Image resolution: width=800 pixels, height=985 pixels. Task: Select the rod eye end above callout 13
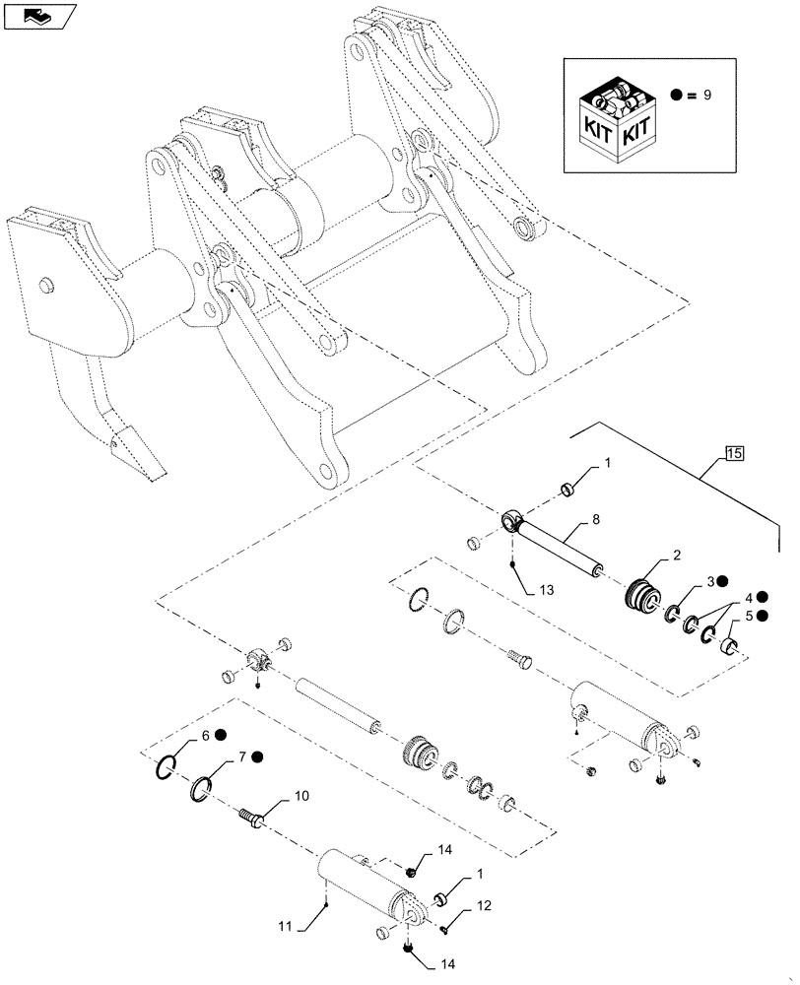click(x=512, y=519)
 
